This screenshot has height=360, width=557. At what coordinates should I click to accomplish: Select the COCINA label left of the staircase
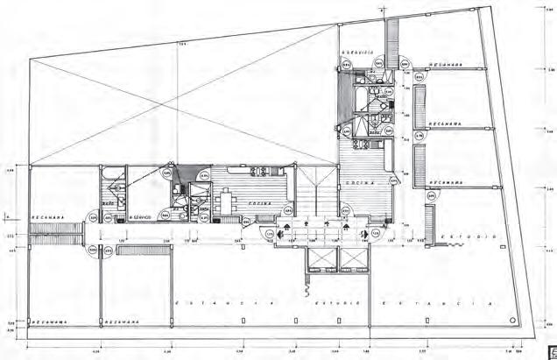(255, 203)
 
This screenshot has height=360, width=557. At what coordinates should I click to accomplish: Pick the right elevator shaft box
(354, 261)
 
